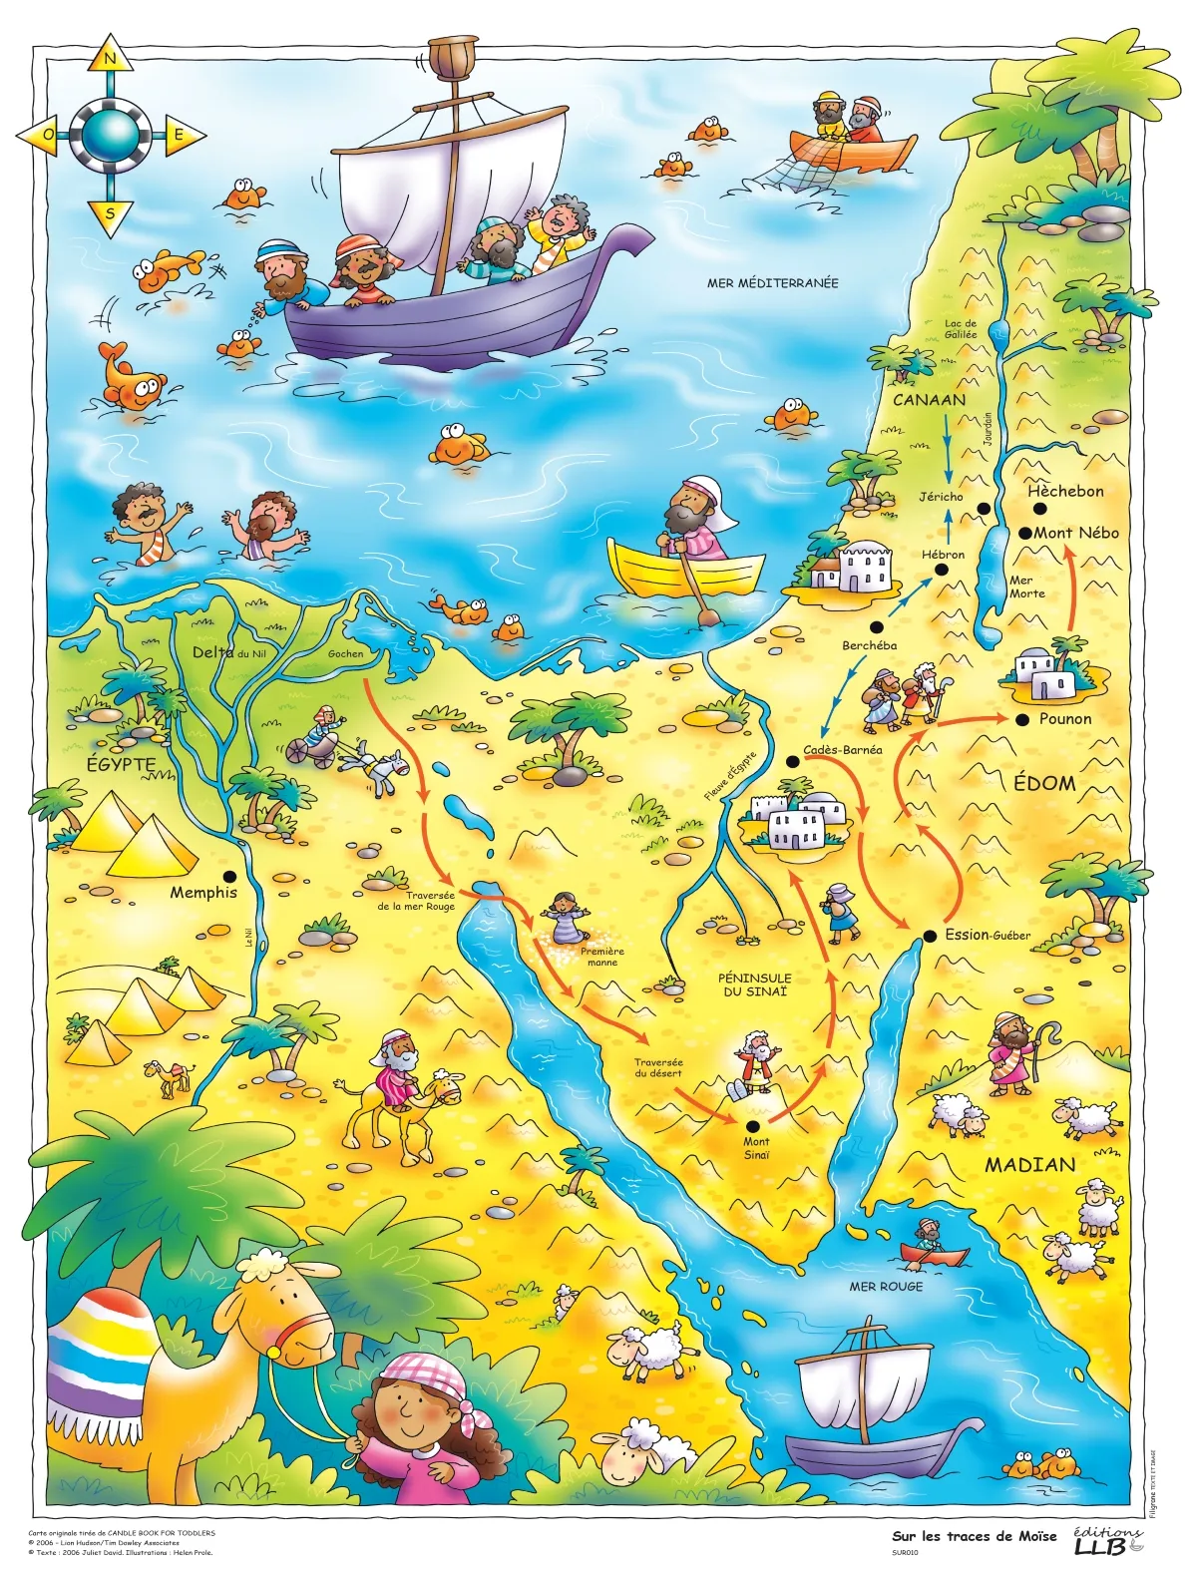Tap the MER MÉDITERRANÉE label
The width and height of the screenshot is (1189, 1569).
point(772,283)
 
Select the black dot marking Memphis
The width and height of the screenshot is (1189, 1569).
point(230,875)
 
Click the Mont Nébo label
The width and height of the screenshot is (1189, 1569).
point(1075,533)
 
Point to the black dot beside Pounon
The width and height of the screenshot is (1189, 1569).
point(1021,718)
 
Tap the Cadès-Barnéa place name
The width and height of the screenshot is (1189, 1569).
point(842,749)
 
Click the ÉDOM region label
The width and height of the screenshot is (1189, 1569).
point(1044,783)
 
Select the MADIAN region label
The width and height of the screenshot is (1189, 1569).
point(1029,1164)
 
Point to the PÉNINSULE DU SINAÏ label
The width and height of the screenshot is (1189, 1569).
point(755,984)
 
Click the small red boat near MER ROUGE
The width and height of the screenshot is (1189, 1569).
point(933,1254)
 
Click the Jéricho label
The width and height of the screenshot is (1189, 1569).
point(941,496)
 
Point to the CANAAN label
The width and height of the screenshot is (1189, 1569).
point(929,400)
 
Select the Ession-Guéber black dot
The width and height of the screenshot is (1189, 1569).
point(929,935)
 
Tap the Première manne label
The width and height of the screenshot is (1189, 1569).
point(602,957)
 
